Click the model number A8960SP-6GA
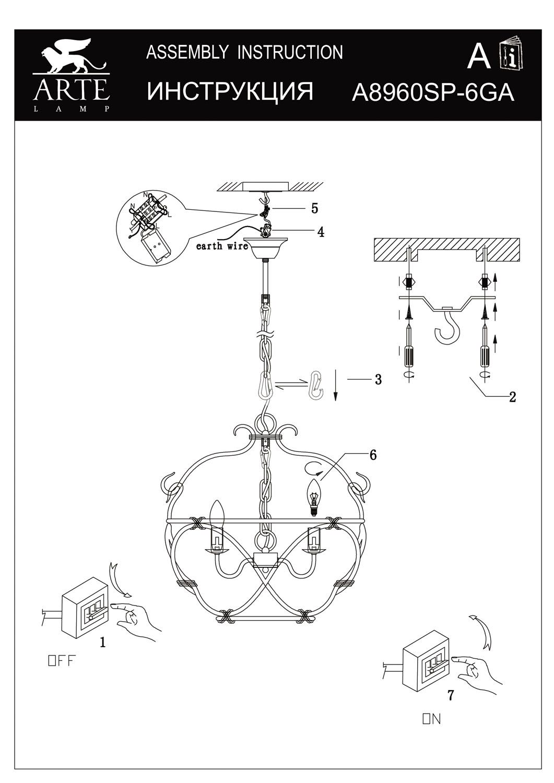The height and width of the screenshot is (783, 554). click(x=433, y=93)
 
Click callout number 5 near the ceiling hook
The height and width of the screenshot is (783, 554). click(x=314, y=208)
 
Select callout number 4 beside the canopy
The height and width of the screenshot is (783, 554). click(x=320, y=232)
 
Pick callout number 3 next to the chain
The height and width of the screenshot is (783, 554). click(x=378, y=379)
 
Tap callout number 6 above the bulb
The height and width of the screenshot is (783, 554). click(x=372, y=455)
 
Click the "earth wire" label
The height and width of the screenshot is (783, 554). click(x=222, y=246)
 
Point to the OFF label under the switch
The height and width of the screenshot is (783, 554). click(x=62, y=661)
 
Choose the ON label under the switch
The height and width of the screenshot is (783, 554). click(x=431, y=719)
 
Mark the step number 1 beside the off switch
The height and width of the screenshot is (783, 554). click(x=103, y=643)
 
